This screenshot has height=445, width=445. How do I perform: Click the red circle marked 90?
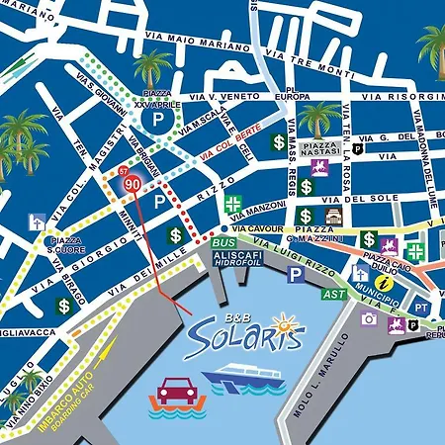point(132,184)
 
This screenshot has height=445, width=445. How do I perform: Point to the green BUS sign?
point(223,242)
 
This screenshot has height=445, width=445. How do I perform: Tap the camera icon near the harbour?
point(369,318)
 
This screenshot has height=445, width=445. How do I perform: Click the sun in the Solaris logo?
point(285,322)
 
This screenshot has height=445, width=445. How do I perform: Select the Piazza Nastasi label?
point(321,148)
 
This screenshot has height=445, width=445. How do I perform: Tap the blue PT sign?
point(422,307)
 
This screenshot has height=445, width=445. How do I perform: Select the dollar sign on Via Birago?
point(64,306)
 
